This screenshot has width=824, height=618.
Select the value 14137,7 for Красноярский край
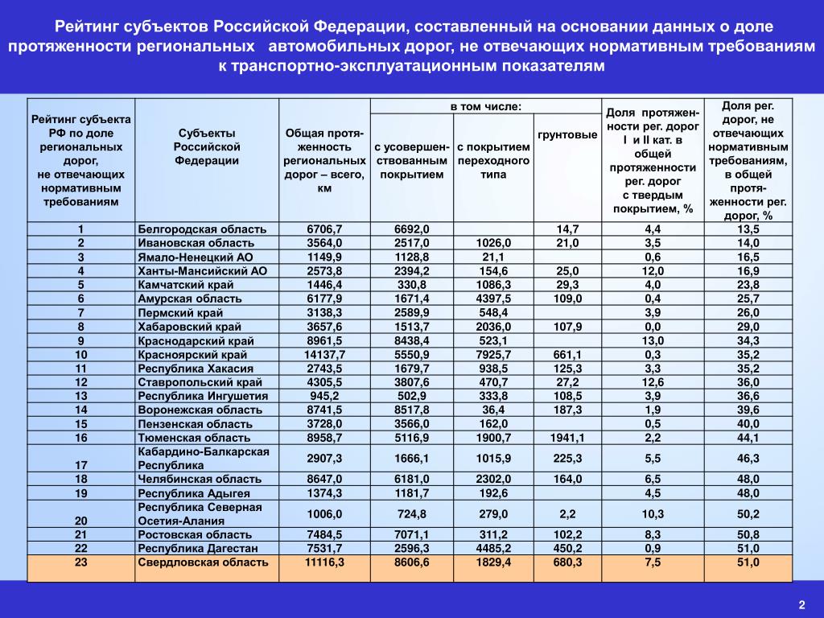tap(324, 354)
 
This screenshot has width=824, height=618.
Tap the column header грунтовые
tap(567, 134)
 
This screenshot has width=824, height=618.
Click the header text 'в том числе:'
tap(485, 106)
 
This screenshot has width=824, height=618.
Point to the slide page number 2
tap(801, 604)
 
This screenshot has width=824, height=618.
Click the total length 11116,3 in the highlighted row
tap(324, 562)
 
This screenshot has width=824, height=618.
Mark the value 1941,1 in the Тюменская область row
tap(567, 438)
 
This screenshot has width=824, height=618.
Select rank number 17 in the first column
tap(81, 465)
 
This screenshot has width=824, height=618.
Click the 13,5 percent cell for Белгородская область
tap(748, 229)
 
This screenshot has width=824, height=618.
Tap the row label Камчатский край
tap(186, 285)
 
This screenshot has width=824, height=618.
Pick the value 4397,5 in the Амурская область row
tap(493, 299)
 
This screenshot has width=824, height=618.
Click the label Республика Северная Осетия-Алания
tap(200, 513)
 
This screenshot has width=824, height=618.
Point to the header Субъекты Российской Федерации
tap(207, 146)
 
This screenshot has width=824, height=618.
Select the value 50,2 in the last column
tap(748, 513)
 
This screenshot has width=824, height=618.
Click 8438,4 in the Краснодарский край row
tap(412, 340)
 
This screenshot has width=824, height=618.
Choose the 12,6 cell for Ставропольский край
tap(653, 382)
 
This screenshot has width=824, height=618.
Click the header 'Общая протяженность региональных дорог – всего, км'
tap(324, 160)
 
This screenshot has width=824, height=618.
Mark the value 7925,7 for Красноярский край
tap(493, 354)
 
